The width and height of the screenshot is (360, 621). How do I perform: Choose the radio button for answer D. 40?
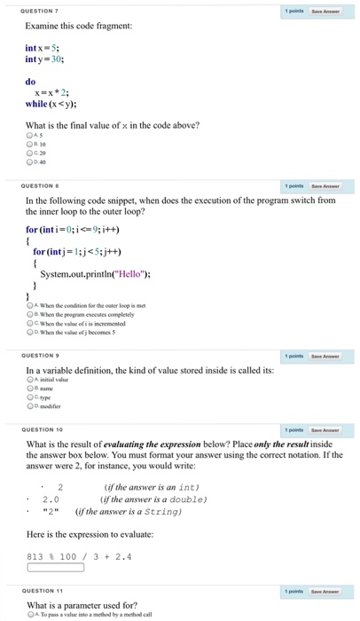(x=29, y=162)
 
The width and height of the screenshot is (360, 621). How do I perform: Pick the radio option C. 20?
(x=29, y=154)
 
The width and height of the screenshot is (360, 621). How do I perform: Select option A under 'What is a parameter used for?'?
(x=29, y=614)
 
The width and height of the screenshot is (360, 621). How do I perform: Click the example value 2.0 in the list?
(x=51, y=499)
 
